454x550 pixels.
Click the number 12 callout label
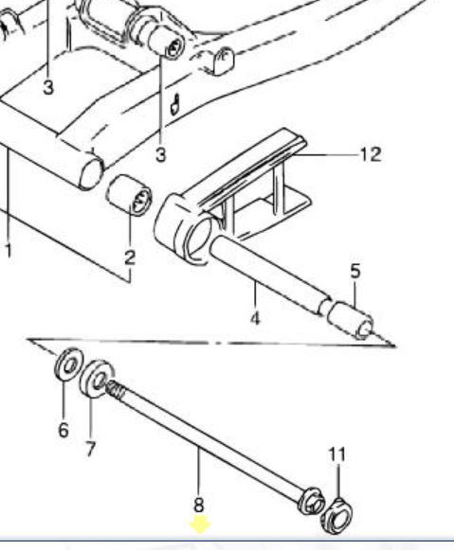pos(371,154)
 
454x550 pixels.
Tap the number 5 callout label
pos(355,271)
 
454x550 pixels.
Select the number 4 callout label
pos(255,318)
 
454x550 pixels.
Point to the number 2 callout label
pos(130,257)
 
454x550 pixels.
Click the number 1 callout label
pos(9,251)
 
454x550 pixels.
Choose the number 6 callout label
pos(64,430)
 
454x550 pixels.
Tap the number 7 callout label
pos(90,449)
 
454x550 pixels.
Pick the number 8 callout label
pos(199,506)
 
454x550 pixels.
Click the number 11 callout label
pos(337,454)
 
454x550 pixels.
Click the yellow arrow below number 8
pos(199,524)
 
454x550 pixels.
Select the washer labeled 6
pos(69,364)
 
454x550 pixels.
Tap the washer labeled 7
pos(96,379)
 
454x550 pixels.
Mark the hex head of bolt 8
pos(311,501)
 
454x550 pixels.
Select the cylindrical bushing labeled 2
pos(129,195)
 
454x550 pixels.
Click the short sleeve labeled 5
pos(350,320)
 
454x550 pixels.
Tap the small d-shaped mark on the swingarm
pos(174,105)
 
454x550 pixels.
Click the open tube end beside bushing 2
pos(92,173)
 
